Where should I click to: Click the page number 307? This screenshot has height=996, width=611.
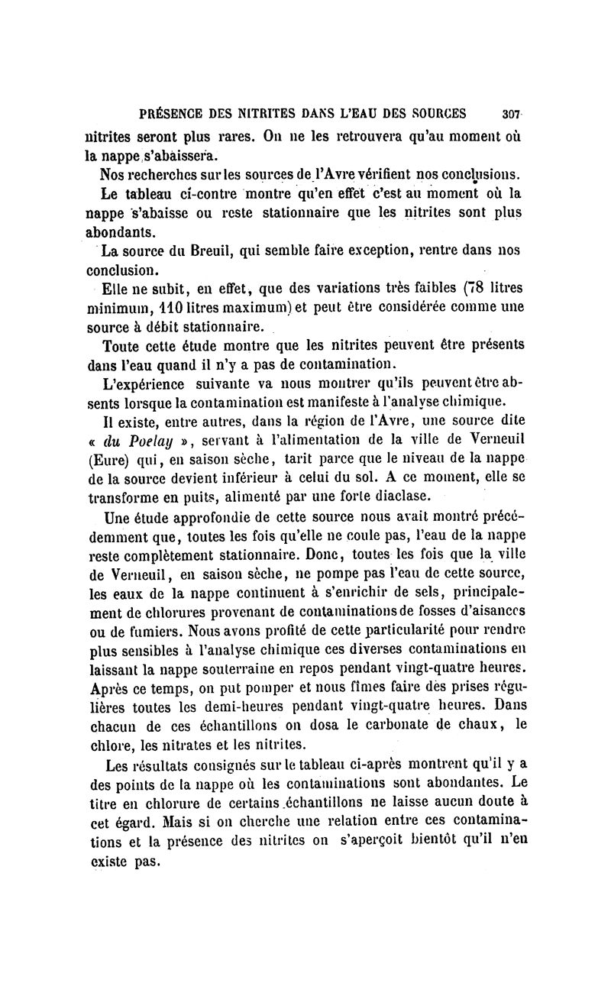[x=511, y=115]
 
